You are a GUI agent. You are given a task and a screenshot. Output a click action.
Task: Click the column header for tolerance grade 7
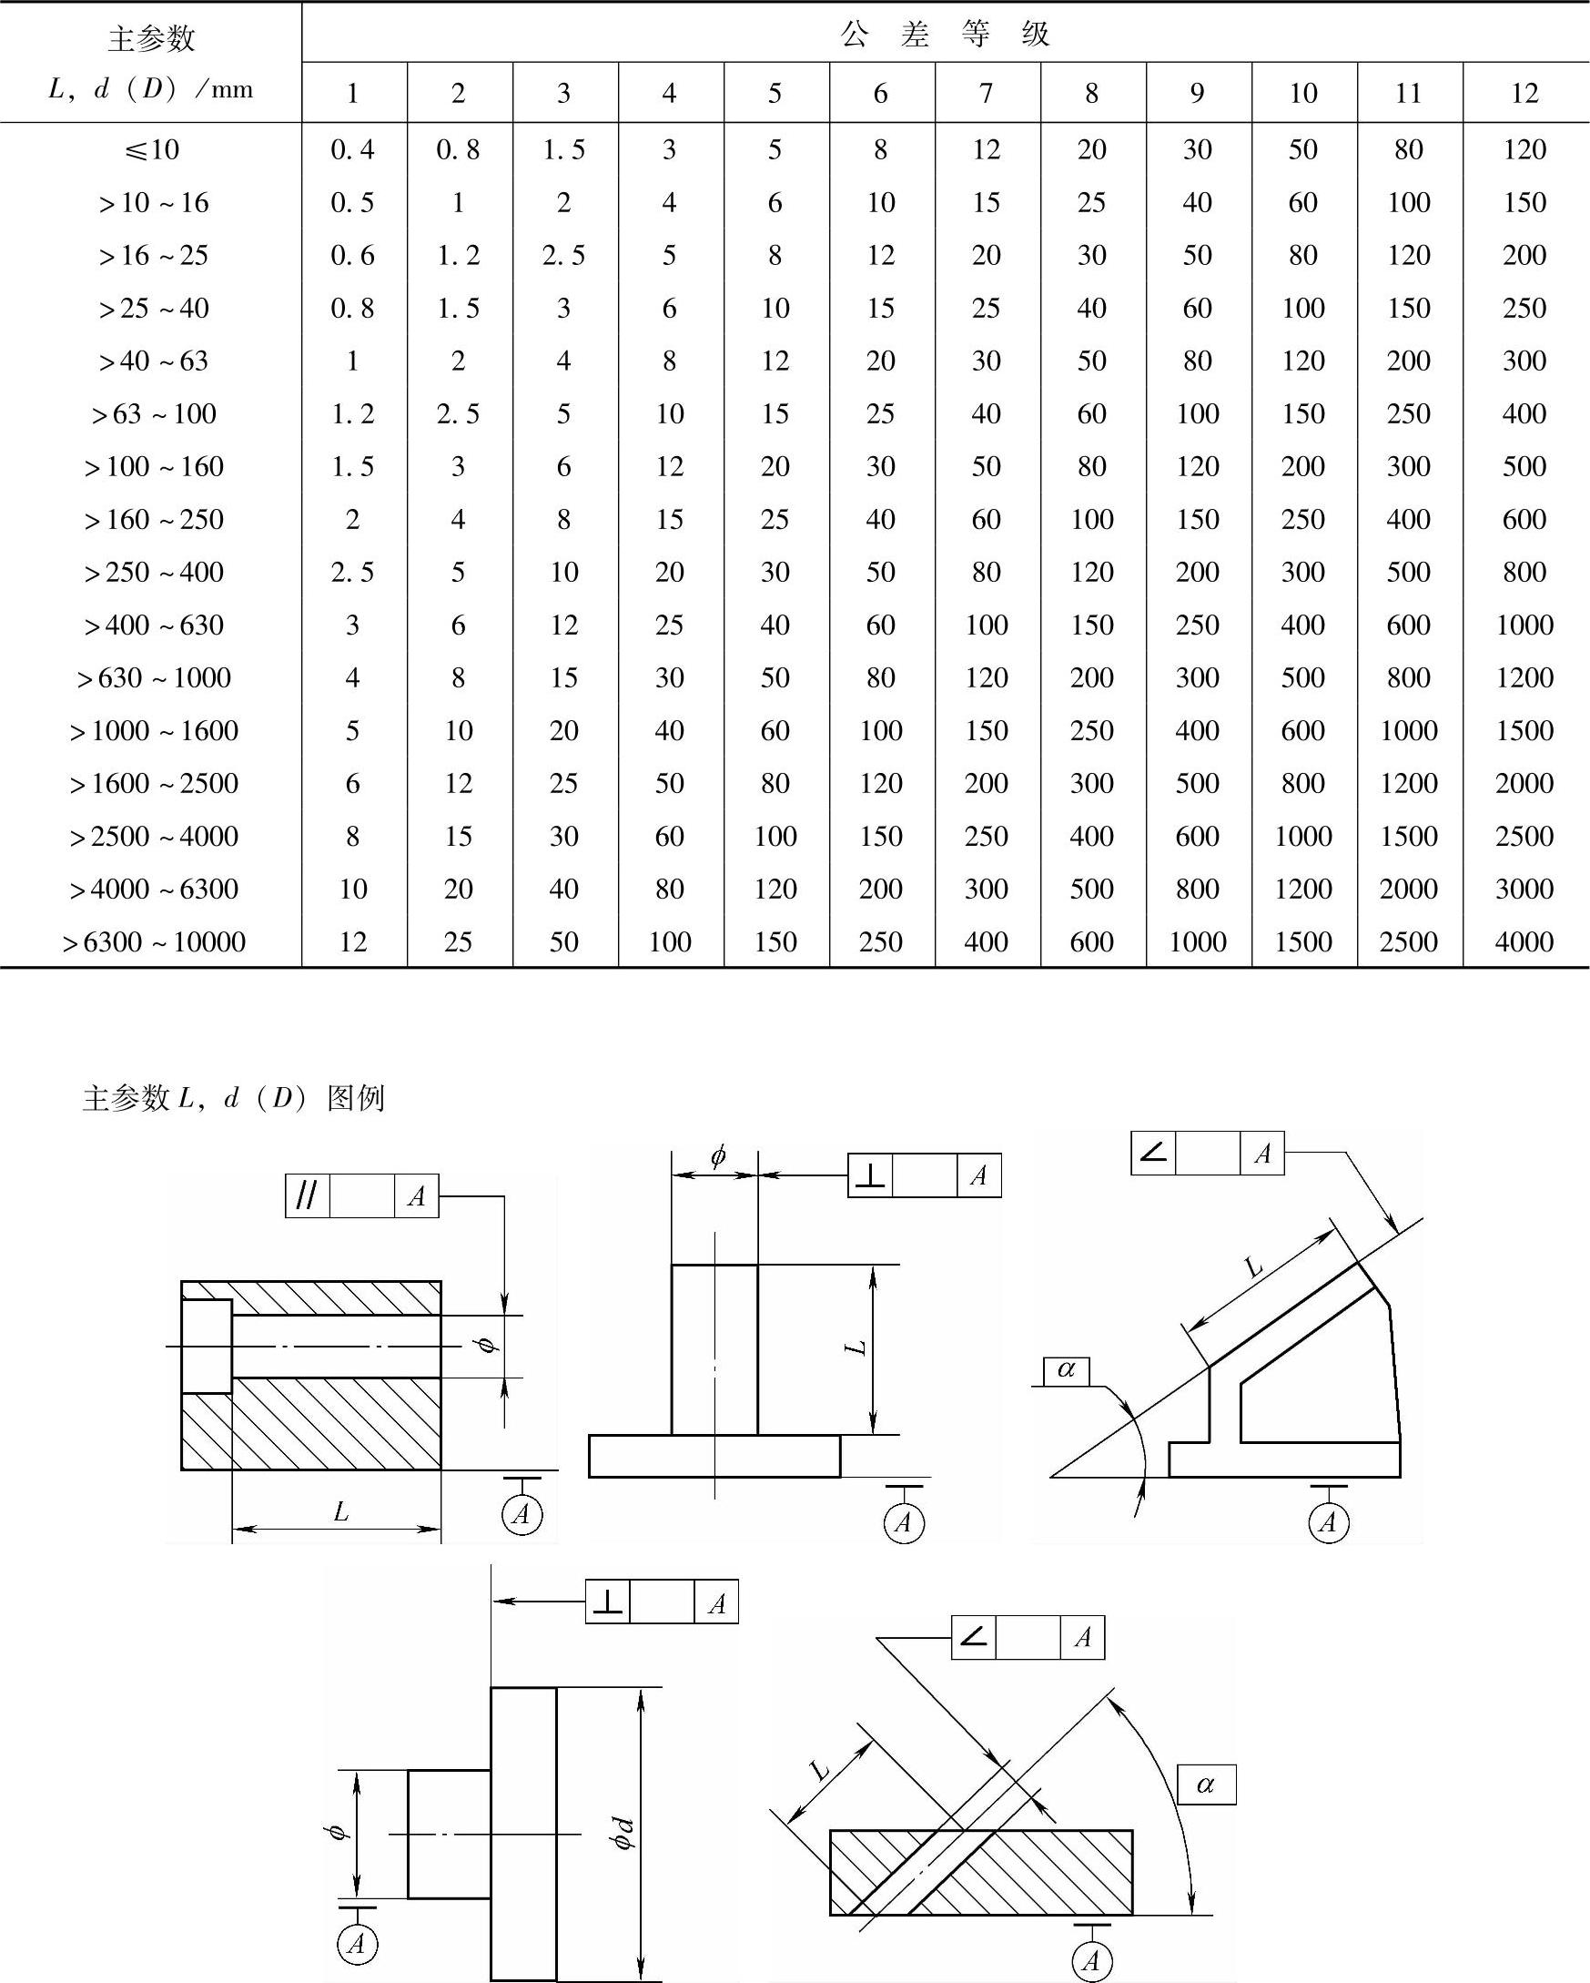pos(986,92)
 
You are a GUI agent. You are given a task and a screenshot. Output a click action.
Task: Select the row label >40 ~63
pos(154,361)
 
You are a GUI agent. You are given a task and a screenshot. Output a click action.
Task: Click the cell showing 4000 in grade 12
pos(1524,941)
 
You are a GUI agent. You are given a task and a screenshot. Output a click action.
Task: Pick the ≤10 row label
pos(152,149)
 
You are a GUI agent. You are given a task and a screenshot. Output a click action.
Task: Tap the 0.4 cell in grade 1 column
pos(353,149)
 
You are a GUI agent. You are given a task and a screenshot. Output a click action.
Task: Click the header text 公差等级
pos(945,34)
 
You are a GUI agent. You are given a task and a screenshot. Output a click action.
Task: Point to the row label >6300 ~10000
pos(154,941)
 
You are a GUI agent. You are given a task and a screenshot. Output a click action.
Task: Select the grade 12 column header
pos(1524,92)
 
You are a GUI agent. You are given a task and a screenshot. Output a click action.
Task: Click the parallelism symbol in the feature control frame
pos(307,1195)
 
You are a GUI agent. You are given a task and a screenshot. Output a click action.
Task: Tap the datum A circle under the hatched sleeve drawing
pos(522,1513)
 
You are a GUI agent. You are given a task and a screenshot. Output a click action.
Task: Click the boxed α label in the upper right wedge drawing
pos(1066,1370)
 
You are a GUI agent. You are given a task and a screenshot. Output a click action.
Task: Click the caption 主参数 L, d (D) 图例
pos(233,1097)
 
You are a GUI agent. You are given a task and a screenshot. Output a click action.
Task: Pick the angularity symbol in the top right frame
pos(1153,1153)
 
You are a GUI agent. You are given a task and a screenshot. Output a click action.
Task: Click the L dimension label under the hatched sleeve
pos(340,1511)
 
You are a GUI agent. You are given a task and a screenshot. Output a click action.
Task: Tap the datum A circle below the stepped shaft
pos(357,1944)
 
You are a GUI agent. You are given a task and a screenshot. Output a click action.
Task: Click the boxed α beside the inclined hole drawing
pos(1206,1785)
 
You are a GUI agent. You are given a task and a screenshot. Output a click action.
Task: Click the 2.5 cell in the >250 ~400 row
pos(353,572)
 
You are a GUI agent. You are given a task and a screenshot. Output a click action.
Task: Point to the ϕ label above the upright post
pos(717,1156)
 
